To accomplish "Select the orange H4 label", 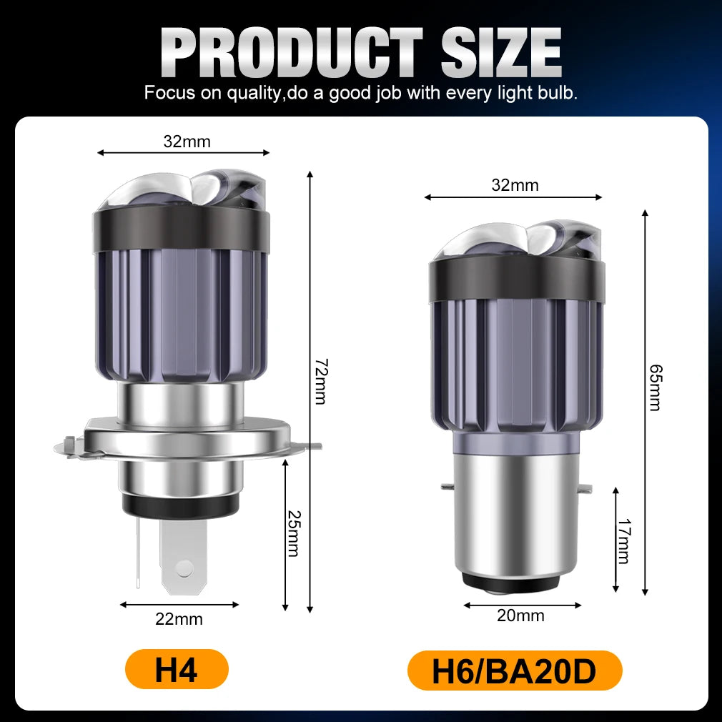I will pyautogui.click(x=176, y=669).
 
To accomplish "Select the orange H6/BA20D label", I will pyautogui.click(x=514, y=671).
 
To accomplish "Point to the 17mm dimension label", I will pyautogui.click(x=623, y=542).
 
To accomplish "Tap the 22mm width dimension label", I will pyautogui.click(x=179, y=619).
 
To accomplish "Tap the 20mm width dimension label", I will pyautogui.click(x=520, y=615).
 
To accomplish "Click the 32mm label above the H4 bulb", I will pyautogui.click(x=187, y=142).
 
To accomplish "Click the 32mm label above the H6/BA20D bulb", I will pyautogui.click(x=515, y=186).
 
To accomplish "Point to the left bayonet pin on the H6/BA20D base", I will pyautogui.click(x=446, y=488).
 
